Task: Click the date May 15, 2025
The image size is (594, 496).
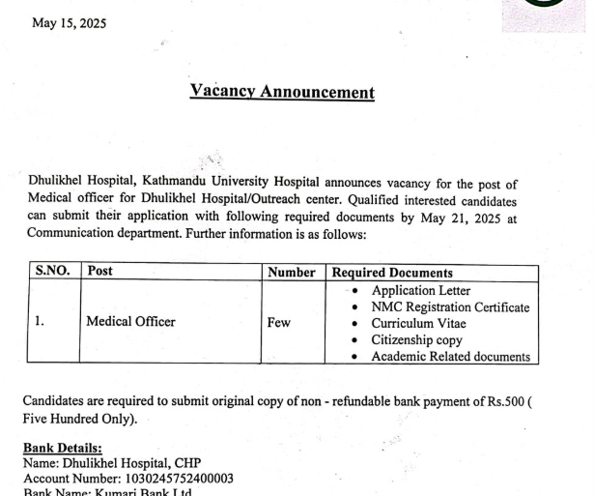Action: point(70,23)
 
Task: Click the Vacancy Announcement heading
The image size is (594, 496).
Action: point(282,93)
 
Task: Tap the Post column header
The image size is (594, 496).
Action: point(100,273)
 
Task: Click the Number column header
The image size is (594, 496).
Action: point(292,273)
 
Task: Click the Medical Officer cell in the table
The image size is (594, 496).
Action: point(131,322)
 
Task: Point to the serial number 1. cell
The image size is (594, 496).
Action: point(40,322)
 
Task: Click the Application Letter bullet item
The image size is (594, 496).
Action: point(421,290)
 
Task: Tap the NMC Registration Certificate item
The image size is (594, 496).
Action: point(450,307)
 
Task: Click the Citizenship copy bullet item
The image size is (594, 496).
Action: point(416,340)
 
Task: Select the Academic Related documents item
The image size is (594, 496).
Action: point(450,357)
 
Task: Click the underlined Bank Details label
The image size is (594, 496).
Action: point(63,448)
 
